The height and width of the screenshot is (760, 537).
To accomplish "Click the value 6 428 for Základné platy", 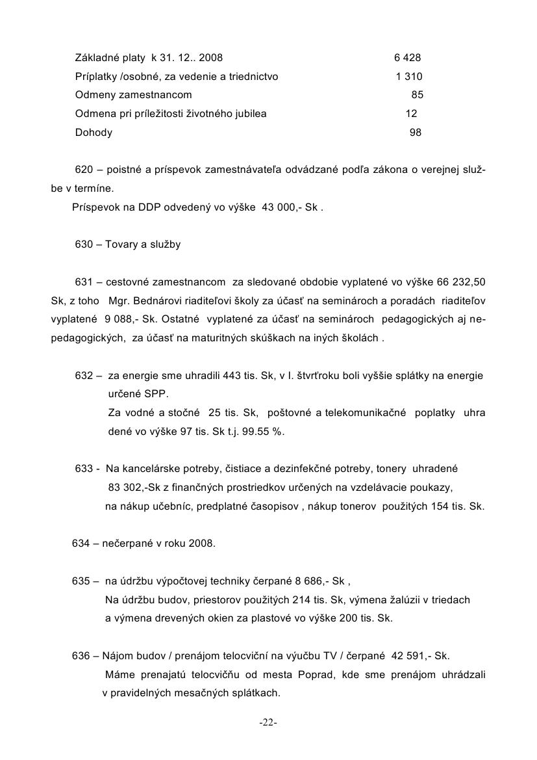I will tap(407, 58).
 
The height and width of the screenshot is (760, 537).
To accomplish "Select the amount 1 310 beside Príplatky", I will tap(409, 77).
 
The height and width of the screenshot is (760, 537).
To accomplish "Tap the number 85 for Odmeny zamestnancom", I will tap(418, 95).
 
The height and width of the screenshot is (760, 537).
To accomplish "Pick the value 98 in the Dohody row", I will tap(416, 133).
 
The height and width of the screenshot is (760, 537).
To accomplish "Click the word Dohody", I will tap(94, 133).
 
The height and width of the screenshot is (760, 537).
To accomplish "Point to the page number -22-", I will tap(268, 723).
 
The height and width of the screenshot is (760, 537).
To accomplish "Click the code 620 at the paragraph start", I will tap(84, 170).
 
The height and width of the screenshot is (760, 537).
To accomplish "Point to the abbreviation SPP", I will tap(156, 395).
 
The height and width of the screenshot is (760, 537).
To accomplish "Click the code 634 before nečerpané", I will tap(80, 544).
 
